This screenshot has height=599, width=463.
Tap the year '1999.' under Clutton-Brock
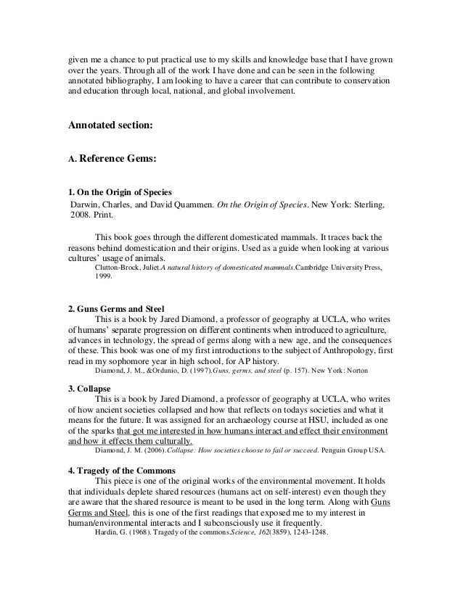point(105,277)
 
